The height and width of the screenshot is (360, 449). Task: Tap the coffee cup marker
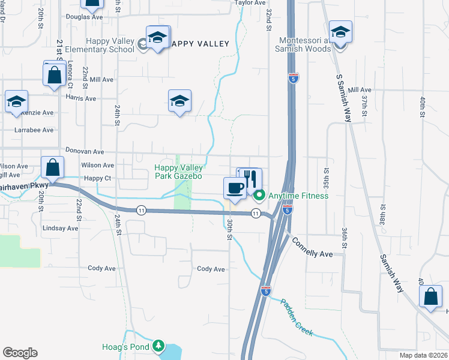click(234, 188)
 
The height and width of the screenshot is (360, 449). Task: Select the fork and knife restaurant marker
click(250, 179)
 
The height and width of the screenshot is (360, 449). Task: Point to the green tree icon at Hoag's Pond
click(158, 346)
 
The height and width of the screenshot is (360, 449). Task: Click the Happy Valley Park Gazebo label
click(178, 172)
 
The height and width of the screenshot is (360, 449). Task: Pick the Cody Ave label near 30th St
click(211, 269)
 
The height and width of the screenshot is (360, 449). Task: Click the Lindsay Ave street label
click(61, 229)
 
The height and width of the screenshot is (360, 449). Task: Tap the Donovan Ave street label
click(85, 152)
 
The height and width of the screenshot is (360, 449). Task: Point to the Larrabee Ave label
click(34, 130)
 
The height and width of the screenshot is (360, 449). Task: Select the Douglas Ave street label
click(85, 17)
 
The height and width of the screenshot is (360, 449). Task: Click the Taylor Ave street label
click(250, 3)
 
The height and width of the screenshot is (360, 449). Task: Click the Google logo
click(20, 353)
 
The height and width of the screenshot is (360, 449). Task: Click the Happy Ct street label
click(98, 178)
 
